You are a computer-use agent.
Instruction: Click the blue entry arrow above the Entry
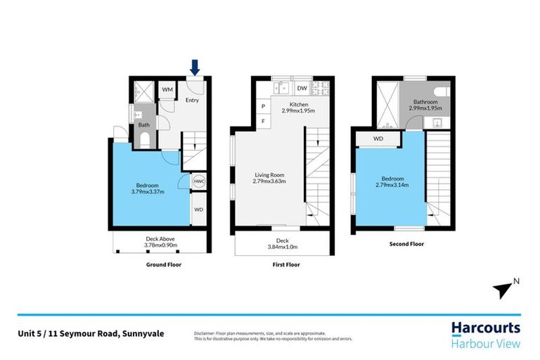[195, 67]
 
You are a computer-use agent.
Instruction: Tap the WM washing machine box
[167, 90]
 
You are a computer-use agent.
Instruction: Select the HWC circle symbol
[198, 181]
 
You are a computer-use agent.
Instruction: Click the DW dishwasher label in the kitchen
[301, 89]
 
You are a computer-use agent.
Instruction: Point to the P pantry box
[263, 106]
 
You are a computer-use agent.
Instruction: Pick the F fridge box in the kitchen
[263, 121]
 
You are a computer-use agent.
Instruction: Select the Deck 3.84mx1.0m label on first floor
[283, 243]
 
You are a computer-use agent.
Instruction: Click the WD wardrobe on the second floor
[378, 139]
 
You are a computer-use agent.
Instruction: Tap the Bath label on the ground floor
[143, 125]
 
